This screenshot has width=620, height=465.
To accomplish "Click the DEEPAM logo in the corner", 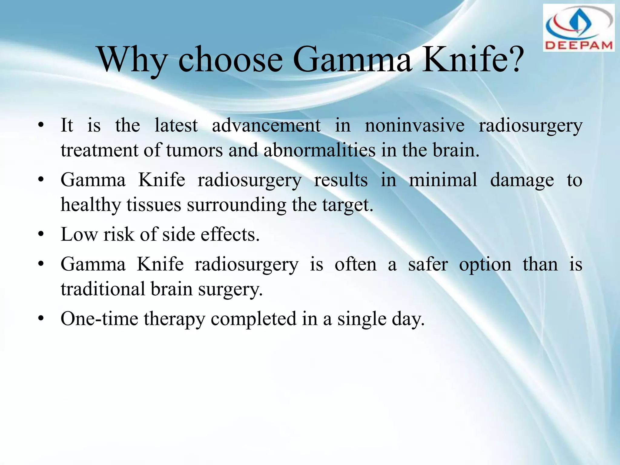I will (579, 28).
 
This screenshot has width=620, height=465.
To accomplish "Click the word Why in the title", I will (133, 60).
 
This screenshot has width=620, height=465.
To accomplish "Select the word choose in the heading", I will (230, 60).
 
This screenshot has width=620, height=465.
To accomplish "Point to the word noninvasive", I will (414, 125).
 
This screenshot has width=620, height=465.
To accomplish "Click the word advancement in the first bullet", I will (266, 125).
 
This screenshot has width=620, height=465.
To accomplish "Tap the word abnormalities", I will (319, 150).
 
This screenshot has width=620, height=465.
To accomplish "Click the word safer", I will (428, 264).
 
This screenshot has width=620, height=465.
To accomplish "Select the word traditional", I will (103, 289).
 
